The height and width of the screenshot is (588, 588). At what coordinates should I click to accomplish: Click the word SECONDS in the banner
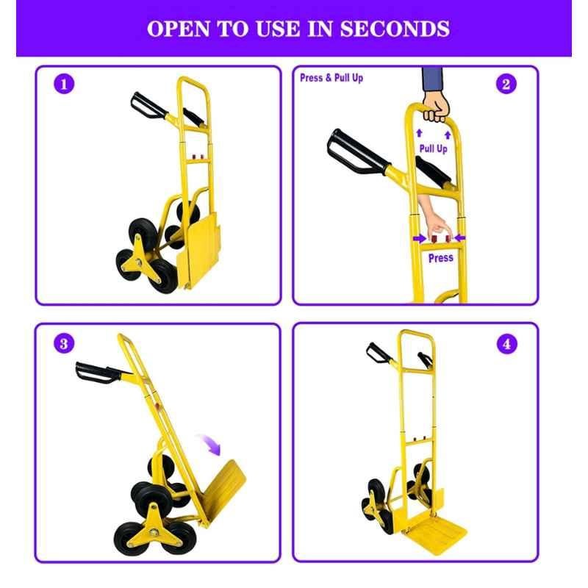pos(395,29)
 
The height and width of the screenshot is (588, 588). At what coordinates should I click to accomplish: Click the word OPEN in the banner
pos(179,29)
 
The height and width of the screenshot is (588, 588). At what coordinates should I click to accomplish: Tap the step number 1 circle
pos(64,84)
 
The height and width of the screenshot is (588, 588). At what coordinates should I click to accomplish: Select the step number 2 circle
pos(506,84)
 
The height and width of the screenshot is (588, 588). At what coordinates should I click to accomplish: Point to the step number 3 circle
pos(64,343)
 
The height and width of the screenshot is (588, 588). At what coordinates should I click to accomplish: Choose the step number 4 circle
pos(506,344)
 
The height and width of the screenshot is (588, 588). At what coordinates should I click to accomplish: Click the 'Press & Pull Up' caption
pos(331,78)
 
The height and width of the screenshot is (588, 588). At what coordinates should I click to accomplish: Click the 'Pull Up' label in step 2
pos(433,148)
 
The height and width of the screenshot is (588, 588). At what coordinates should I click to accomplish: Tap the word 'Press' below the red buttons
pos(440,258)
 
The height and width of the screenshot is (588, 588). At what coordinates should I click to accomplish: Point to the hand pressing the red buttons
pos(435,221)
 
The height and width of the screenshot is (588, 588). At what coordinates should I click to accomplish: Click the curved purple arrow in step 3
pos(210,444)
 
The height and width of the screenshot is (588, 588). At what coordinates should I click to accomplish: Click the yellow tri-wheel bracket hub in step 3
pos(154,530)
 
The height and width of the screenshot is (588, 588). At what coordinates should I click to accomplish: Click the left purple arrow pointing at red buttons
pos(420,238)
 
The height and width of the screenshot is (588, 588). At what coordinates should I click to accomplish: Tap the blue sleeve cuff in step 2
pos(432,79)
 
